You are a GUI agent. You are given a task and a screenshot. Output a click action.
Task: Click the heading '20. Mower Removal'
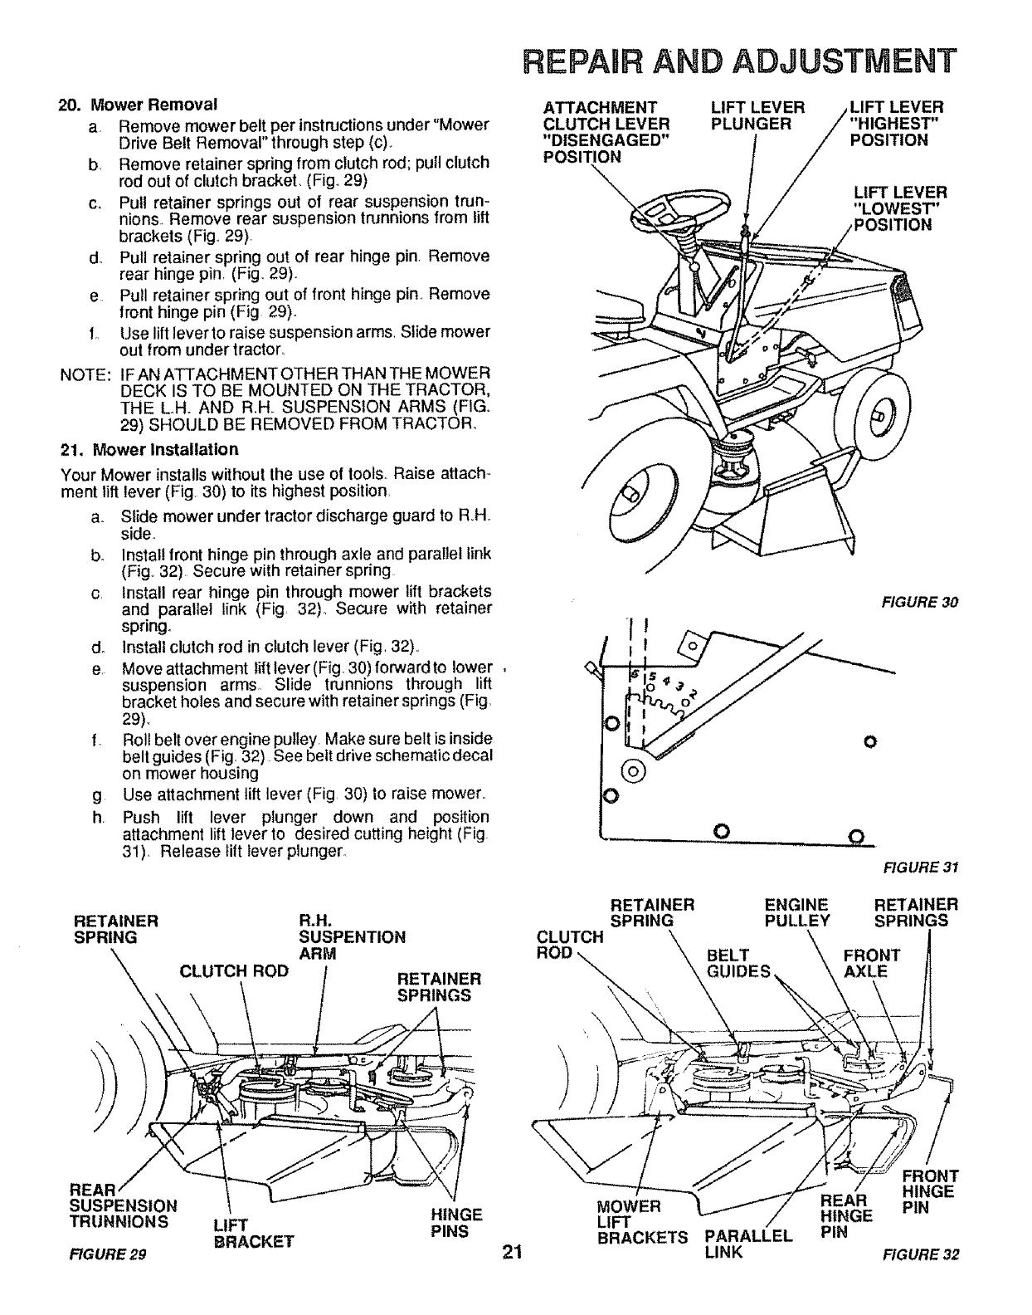click(137, 105)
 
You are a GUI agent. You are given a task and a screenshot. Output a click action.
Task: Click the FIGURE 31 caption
click(931, 868)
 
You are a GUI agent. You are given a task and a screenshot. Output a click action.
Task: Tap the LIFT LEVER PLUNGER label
click(757, 115)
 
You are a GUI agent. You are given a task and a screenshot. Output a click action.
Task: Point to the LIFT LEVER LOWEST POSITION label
click(899, 208)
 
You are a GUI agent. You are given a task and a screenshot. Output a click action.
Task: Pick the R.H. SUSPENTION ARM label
click(351, 937)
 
